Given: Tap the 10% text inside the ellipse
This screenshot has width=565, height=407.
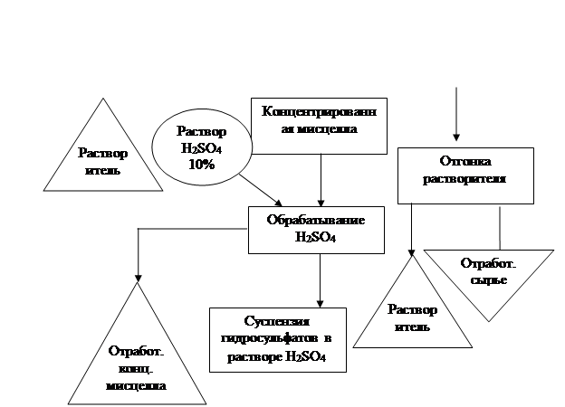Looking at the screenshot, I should point(201,165).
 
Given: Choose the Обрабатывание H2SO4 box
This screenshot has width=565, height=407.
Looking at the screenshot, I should point(316,228).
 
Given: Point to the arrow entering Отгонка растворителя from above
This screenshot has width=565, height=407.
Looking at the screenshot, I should point(457,118).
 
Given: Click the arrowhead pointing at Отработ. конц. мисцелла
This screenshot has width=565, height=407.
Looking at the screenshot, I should point(138,275).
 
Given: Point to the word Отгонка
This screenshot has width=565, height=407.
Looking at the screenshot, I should point(464,163).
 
